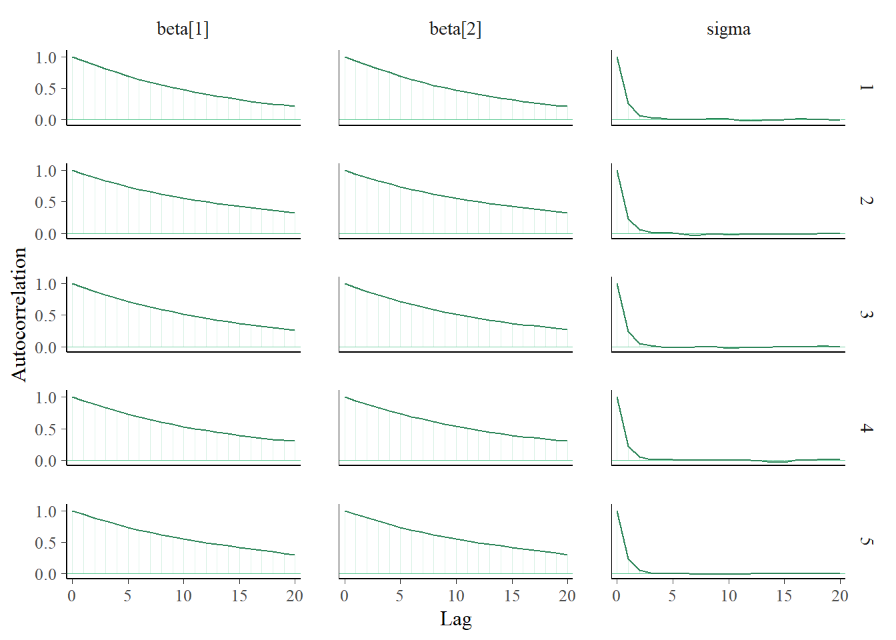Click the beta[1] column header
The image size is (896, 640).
pyautogui.click(x=183, y=29)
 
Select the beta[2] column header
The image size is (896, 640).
pyautogui.click(x=455, y=29)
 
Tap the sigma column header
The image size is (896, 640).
pyautogui.click(x=729, y=29)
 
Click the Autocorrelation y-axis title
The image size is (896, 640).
pyautogui.click(x=19, y=314)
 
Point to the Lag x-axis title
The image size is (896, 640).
pyautogui.click(x=456, y=619)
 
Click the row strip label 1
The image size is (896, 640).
pyautogui.click(x=866, y=87)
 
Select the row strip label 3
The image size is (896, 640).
pyautogui.click(x=866, y=314)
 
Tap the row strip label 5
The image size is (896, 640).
pyautogui.click(x=866, y=541)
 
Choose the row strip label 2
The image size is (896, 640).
pyautogui.click(x=866, y=201)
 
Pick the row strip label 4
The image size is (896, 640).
pyautogui.click(x=866, y=427)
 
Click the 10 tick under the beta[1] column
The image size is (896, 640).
pyautogui.click(x=183, y=595)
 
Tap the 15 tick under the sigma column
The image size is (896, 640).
pyautogui.click(x=784, y=595)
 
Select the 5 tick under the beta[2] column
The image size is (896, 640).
pyautogui.click(x=400, y=595)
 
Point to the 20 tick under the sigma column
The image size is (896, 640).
pyautogui.click(x=839, y=595)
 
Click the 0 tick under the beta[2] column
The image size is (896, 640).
pyautogui.click(x=344, y=595)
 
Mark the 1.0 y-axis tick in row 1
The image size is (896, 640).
pyautogui.click(x=46, y=57)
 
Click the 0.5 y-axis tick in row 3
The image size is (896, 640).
pyautogui.click(x=46, y=315)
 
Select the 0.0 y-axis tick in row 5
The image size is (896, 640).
pyautogui.click(x=46, y=574)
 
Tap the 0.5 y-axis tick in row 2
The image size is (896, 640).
pyautogui.click(x=46, y=202)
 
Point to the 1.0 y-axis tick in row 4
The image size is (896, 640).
pyautogui.click(x=46, y=397)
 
